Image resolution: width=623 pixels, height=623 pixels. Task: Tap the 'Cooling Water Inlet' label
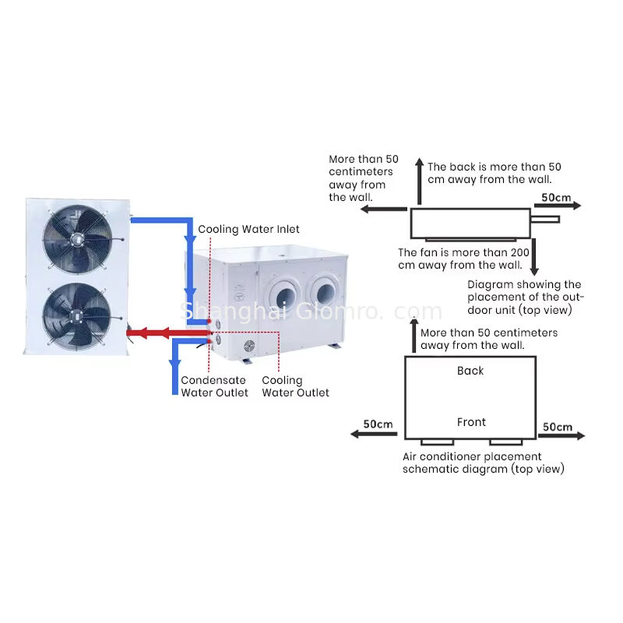point(248,229)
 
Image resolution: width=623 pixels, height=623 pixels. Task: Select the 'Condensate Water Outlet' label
point(214,386)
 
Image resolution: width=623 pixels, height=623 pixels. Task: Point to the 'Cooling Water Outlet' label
point(295,386)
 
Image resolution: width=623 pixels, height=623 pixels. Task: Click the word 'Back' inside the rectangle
point(470,371)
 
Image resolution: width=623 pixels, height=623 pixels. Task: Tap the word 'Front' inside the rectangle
point(471,422)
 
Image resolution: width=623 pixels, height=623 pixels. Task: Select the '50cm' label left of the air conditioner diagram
point(378,424)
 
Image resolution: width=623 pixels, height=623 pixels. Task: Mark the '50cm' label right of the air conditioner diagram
point(558,427)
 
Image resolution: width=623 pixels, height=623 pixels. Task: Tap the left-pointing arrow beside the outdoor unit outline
point(389,209)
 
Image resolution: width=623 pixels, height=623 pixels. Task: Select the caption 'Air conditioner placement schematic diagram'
point(483,463)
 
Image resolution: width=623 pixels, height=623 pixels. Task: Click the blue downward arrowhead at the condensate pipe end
point(175,365)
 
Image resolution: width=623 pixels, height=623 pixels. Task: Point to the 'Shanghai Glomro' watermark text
point(311,311)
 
